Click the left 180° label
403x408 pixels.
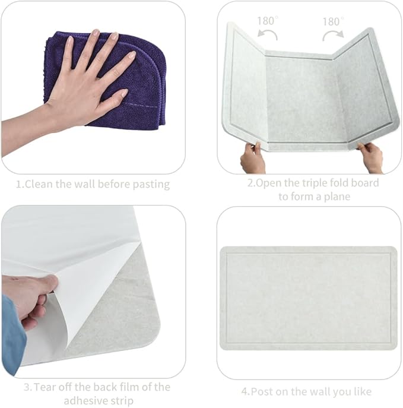click(x=267, y=21)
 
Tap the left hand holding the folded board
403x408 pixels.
click(x=252, y=158)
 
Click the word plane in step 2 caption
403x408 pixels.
click(x=335, y=197)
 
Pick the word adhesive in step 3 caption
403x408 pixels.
click(x=85, y=400)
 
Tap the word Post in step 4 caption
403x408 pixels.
click(x=262, y=391)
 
